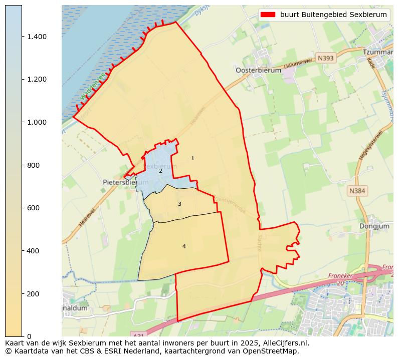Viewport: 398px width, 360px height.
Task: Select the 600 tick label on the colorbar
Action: [x=33, y=208]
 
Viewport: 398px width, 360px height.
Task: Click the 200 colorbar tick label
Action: [x=33, y=293]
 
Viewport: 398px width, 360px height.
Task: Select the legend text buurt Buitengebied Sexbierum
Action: [x=333, y=15]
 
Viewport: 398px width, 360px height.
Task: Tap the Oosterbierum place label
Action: [x=258, y=71]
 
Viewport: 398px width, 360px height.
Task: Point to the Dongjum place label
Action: [x=374, y=226]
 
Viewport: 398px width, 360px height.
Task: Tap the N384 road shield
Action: [x=357, y=191]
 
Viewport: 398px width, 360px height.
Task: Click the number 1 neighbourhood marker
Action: [x=192, y=159]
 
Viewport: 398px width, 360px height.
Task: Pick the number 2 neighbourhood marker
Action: [x=160, y=171]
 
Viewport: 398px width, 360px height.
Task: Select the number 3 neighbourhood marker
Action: [x=179, y=204]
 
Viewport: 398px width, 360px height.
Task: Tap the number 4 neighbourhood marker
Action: [x=184, y=246]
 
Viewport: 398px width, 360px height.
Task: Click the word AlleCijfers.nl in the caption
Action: [x=283, y=343]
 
